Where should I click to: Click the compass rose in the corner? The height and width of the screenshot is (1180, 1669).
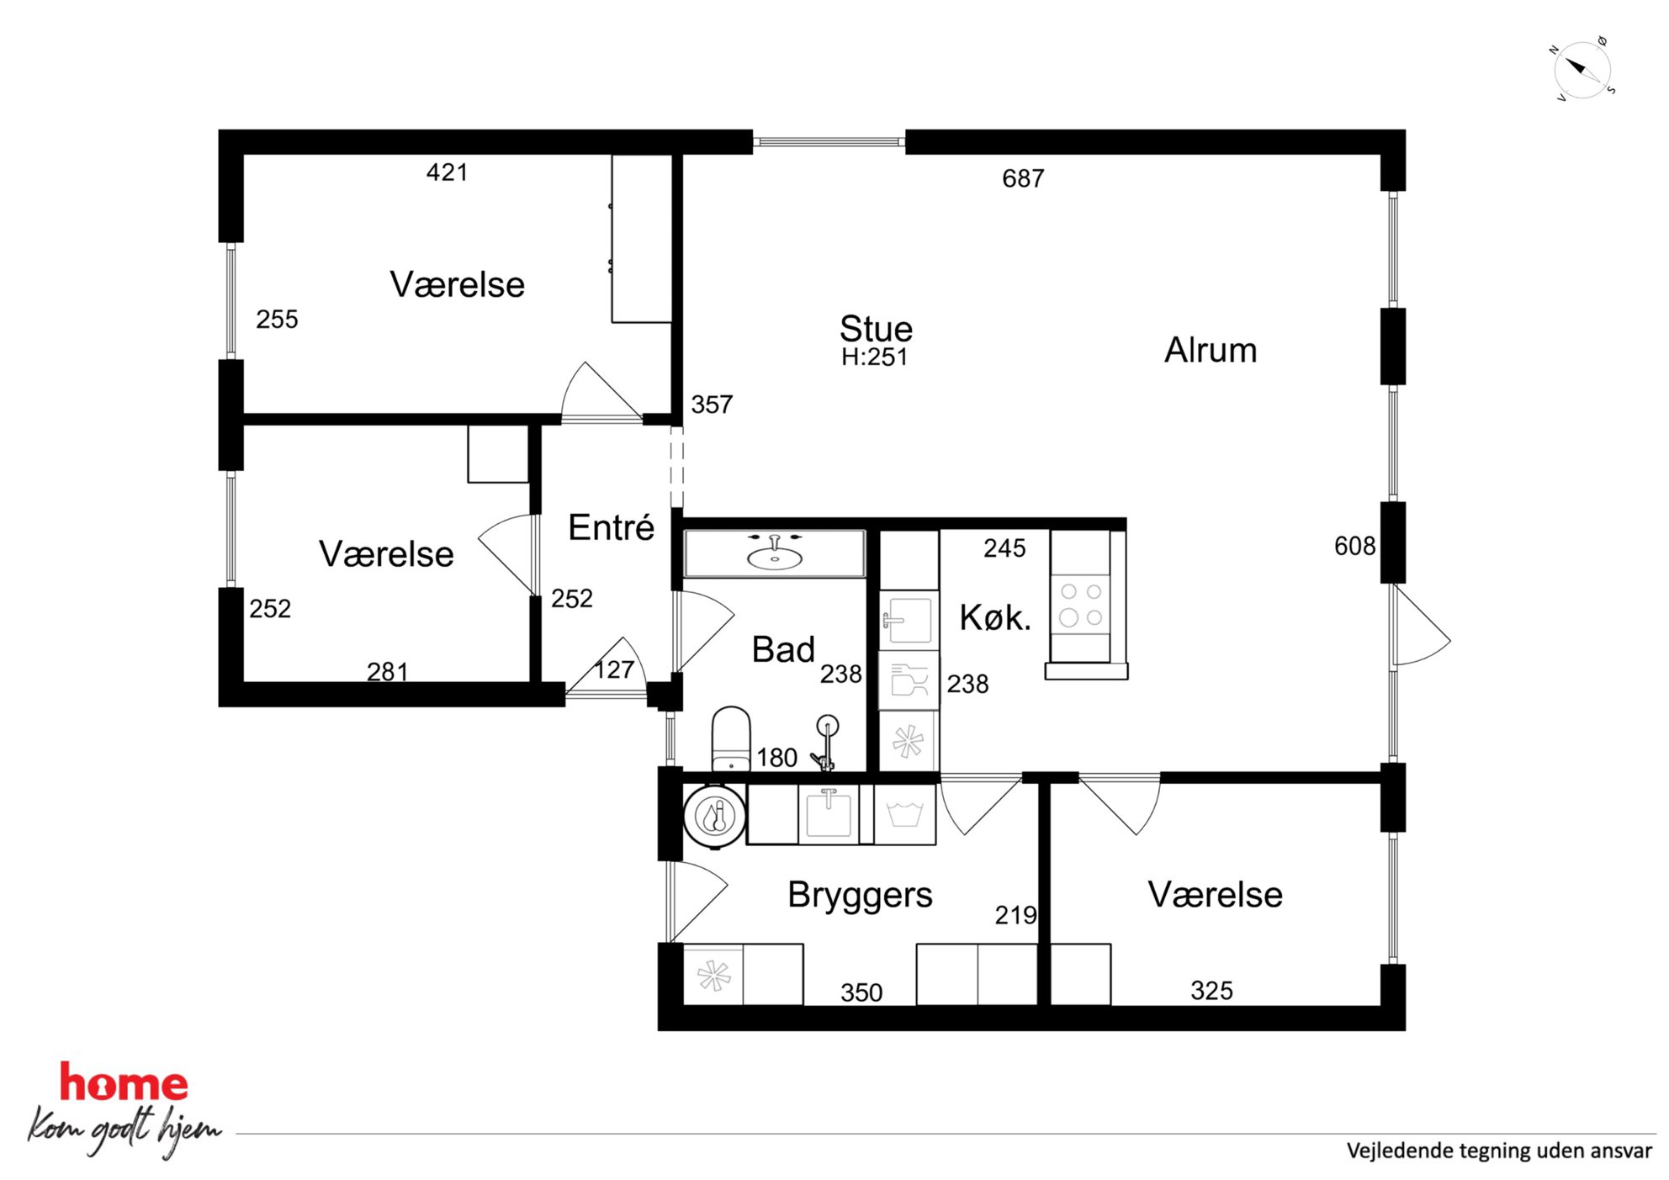pyautogui.click(x=1582, y=69)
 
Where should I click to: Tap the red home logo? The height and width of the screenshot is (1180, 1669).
pyautogui.click(x=124, y=1082)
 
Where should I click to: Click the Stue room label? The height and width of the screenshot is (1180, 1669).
pyautogui.click(x=876, y=328)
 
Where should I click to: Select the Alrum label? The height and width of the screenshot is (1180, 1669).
pyautogui.click(x=1211, y=350)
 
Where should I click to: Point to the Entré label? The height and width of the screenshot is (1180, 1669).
pyautogui.click(x=612, y=527)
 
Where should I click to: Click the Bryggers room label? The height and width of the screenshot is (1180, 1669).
pyautogui.click(x=860, y=895)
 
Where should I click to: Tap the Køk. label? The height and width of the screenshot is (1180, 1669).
pyautogui.click(x=995, y=618)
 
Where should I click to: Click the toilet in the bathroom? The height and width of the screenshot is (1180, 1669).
pyautogui.click(x=731, y=738)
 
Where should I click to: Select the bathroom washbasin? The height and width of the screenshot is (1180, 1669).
pyautogui.click(x=775, y=553)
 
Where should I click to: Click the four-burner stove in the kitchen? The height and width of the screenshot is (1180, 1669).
pyautogui.click(x=1081, y=605)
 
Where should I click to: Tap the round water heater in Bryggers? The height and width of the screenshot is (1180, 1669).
pyautogui.click(x=715, y=816)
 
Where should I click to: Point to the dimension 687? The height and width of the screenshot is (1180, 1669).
pyautogui.click(x=1023, y=178)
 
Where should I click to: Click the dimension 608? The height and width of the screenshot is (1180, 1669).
pyautogui.click(x=1354, y=546)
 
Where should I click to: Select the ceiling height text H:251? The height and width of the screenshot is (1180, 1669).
pyautogui.click(x=875, y=357)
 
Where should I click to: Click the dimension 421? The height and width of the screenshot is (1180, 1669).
pyautogui.click(x=447, y=172)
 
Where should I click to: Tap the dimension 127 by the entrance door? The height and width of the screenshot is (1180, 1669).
pyautogui.click(x=614, y=669)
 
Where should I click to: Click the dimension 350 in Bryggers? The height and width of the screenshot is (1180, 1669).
pyautogui.click(x=861, y=992)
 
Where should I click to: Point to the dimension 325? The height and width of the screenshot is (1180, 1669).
pyautogui.click(x=1211, y=991)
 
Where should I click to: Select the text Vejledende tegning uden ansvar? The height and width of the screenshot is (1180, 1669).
pyautogui.click(x=1499, y=1151)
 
